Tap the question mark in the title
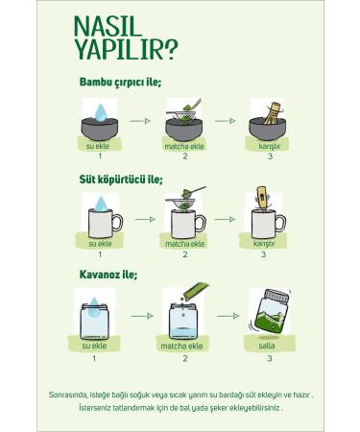[x=170, y=49]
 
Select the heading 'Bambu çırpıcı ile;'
[x=120, y=83]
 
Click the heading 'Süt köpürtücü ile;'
[x=121, y=180]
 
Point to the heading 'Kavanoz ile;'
[x=108, y=275]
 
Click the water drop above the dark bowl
[x=101, y=112]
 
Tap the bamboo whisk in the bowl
[x=271, y=113]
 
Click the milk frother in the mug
[x=262, y=198]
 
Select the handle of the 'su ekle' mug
[x=117, y=223]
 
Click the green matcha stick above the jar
[x=196, y=291]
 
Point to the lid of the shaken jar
[x=277, y=296]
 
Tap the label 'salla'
[x=267, y=346]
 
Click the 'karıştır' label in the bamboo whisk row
[x=270, y=146]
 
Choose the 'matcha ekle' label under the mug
[x=184, y=244]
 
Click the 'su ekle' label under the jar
[x=94, y=346]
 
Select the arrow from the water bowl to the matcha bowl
[x=140, y=121]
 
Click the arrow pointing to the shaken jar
[x=228, y=316]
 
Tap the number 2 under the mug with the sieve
[x=185, y=254]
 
